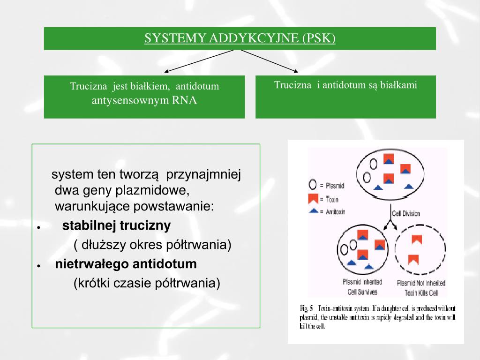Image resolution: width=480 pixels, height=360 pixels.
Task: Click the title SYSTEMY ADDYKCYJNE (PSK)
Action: [x=240, y=38]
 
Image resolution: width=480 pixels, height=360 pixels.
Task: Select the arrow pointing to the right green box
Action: [x=270, y=61]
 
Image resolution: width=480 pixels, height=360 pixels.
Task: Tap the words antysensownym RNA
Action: [x=144, y=100]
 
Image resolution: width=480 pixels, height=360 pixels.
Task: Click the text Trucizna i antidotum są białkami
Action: [x=345, y=85]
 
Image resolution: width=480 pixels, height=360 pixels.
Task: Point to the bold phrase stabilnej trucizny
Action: [x=117, y=226]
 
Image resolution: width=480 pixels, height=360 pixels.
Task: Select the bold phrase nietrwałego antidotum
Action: [x=126, y=264]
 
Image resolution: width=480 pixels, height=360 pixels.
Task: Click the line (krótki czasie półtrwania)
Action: [x=147, y=284]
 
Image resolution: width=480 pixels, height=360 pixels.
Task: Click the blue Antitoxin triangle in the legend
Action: [x=313, y=211]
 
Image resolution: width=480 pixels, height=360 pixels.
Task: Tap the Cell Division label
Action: [x=406, y=213]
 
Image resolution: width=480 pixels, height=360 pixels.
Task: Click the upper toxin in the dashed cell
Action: [x=416, y=240]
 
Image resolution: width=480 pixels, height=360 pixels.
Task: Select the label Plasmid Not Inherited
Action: [x=420, y=283]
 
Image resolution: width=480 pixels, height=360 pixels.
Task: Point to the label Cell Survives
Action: [x=362, y=292]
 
